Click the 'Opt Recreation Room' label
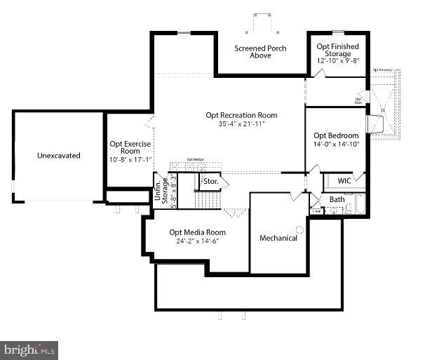(x=241, y=115)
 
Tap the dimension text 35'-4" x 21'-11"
(x=241, y=125)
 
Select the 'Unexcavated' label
(x=59, y=156)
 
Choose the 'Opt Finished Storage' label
(x=337, y=51)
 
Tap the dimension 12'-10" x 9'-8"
(x=337, y=61)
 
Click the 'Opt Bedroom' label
(x=336, y=135)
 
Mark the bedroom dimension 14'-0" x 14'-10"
(x=336, y=145)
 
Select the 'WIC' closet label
(x=344, y=181)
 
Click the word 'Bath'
(x=337, y=200)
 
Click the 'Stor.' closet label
(x=210, y=182)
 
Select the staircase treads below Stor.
(x=207, y=200)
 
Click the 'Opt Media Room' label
(x=197, y=232)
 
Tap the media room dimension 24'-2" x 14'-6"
(x=197, y=242)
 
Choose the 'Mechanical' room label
(x=278, y=238)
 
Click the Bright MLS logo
(x=29, y=349)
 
